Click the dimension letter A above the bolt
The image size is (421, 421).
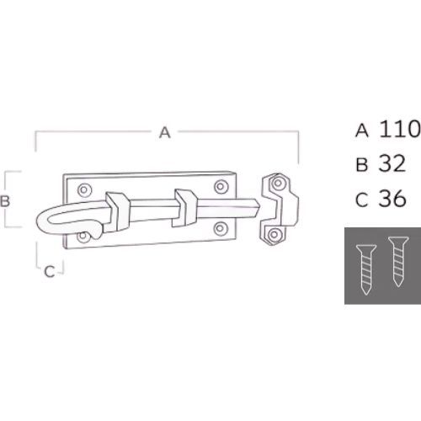click(165, 131)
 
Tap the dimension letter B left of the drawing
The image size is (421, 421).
click(5, 200)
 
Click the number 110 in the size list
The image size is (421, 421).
click(400, 129)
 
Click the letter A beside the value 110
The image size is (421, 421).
click(362, 130)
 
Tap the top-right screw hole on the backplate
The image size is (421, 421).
click(221, 187)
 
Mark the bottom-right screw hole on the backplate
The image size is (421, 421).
click(221, 226)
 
